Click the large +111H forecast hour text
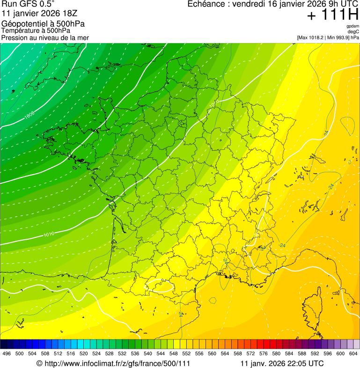click(x=332, y=15)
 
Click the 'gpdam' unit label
click(x=353, y=26)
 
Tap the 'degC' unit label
click(x=354, y=31)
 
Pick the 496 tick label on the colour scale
click(x=7, y=353)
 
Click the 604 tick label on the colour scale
click(x=353, y=353)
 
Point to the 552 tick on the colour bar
click(x=186, y=353)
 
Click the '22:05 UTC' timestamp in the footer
click(x=302, y=363)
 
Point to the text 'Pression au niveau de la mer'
click(x=45, y=37)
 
